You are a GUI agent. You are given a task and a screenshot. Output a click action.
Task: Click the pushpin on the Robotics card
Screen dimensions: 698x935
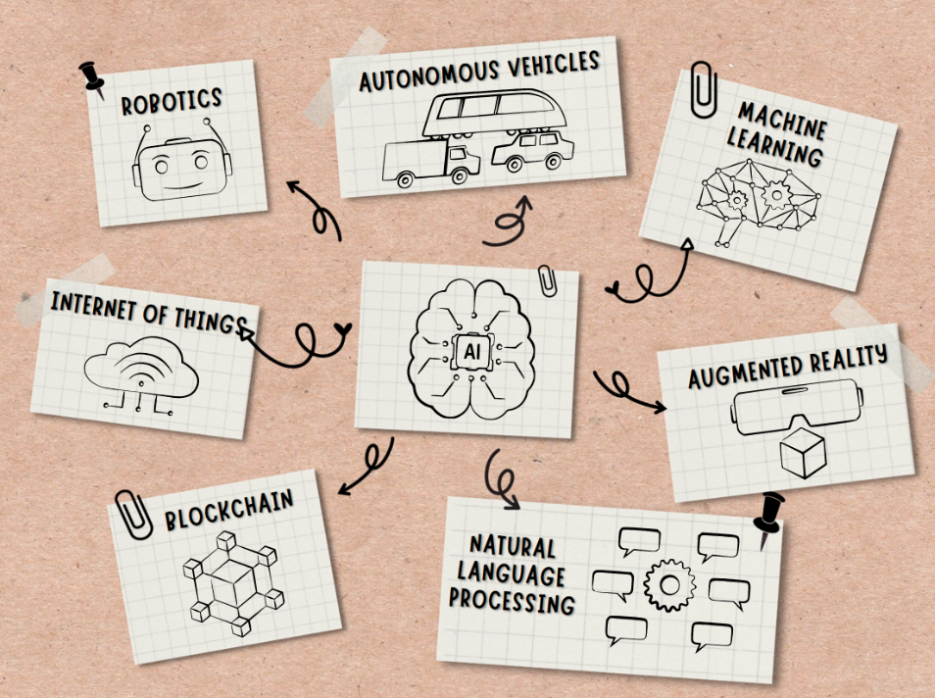pos(92,77)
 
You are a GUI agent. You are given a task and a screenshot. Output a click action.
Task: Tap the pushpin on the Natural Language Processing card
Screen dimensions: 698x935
pos(769,516)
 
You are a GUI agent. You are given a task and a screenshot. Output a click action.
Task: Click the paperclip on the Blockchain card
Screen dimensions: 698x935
pos(132,514)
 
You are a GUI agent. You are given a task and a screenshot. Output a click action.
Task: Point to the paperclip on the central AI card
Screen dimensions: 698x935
pos(545,279)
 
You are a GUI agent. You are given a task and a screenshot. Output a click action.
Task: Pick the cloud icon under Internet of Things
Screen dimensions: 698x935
pos(141,374)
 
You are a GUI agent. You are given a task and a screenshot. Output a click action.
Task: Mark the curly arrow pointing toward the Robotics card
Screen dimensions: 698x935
pos(316,209)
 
